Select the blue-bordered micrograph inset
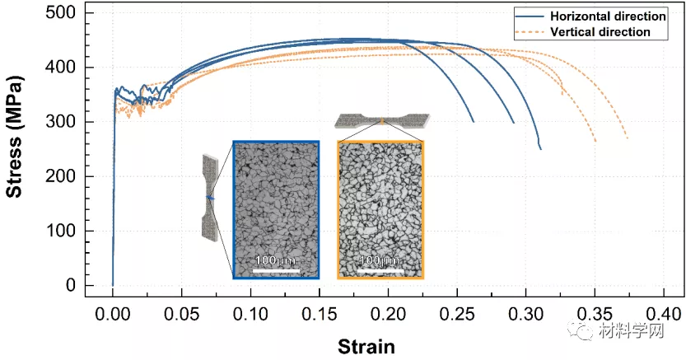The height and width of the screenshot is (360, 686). [276, 209]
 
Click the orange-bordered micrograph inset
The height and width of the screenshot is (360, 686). [380, 209]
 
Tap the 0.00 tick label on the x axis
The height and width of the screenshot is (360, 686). [113, 314]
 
